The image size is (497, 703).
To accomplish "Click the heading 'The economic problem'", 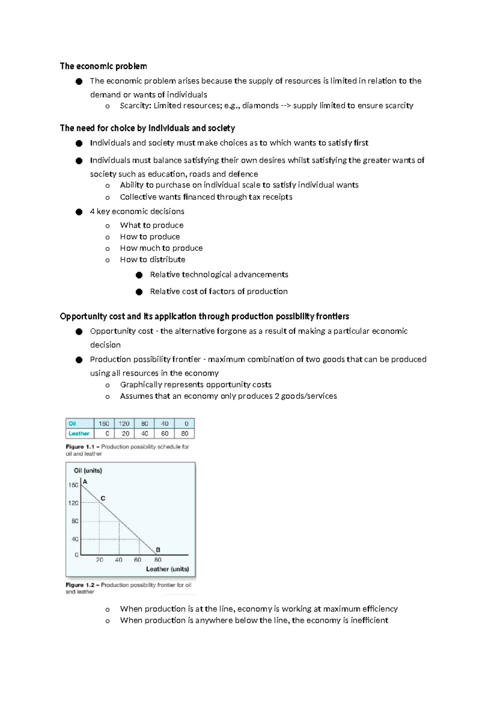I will (103, 66).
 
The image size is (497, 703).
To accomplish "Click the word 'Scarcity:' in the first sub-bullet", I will (135, 106).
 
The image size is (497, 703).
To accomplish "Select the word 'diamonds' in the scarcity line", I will (260, 106).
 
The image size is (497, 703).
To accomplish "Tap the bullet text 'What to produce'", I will (152, 225).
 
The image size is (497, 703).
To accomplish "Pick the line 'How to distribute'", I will (152, 259).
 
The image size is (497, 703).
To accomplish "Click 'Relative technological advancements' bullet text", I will (219, 274).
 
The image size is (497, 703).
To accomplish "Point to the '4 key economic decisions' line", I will (137, 211).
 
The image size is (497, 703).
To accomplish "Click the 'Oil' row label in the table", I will (72, 424).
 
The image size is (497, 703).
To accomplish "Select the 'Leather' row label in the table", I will (79, 434).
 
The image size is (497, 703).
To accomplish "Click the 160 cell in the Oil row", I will (104, 424).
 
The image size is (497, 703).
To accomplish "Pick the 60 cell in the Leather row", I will (164, 434).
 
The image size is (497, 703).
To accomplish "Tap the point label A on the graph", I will (85, 482).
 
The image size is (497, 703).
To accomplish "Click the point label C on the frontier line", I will (103, 498).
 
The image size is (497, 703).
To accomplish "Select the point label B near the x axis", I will (158, 550).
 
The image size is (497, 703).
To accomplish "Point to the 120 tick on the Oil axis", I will (73, 503).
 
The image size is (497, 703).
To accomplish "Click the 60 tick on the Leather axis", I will (138, 560).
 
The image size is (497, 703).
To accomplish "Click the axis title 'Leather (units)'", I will (167, 569).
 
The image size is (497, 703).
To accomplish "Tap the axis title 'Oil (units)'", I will (88, 470).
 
